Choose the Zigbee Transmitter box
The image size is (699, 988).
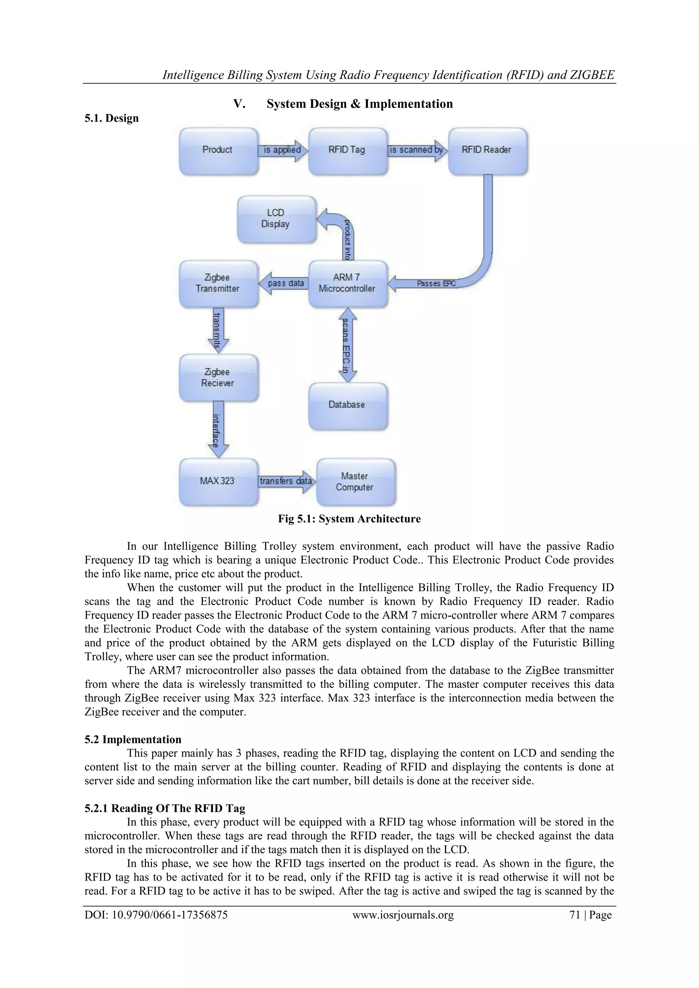pyautogui.click(x=218, y=284)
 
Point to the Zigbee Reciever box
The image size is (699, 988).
pyautogui.click(x=218, y=378)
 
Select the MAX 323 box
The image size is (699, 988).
pyautogui.click(x=218, y=482)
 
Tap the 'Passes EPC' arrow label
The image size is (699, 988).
pyautogui.click(x=436, y=284)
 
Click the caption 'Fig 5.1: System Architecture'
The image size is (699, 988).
pyautogui.click(x=349, y=519)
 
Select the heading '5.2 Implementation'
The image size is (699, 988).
pyautogui.click(x=133, y=739)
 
